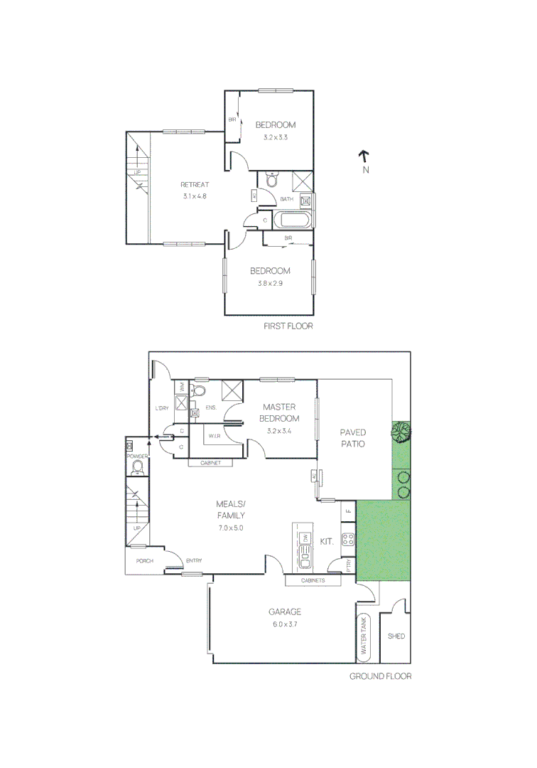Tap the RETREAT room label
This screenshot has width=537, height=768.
(x=194, y=185)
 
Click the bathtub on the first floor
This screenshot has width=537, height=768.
(x=292, y=220)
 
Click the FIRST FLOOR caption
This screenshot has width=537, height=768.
(x=288, y=326)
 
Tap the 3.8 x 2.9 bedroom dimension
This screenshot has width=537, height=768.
(x=270, y=282)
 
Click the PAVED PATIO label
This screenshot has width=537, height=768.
(x=352, y=438)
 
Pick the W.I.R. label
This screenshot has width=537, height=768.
(x=215, y=436)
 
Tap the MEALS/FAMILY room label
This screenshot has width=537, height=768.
(x=231, y=510)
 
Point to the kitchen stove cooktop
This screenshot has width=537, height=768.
(x=348, y=538)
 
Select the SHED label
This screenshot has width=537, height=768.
(x=396, y=636)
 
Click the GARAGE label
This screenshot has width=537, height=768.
(x=284, y=612)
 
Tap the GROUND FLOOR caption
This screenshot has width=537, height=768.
(x=380, y=676)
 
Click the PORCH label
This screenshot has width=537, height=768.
(x=145, y=561)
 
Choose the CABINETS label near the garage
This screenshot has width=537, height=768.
(x=313, y=581)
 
